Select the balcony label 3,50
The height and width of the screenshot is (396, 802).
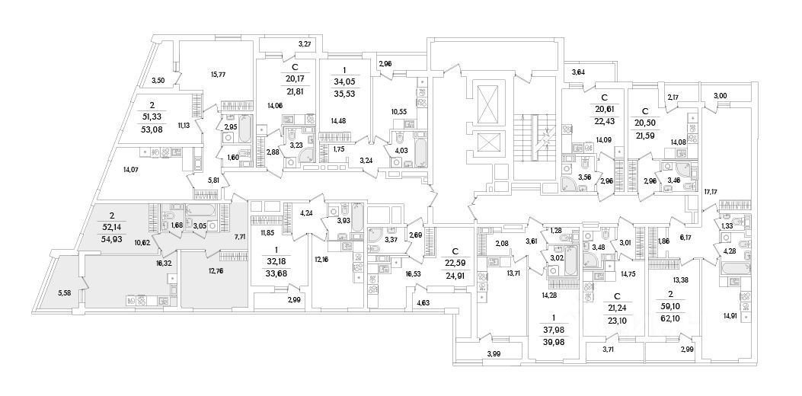158,80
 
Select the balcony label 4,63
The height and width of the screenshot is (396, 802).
423,304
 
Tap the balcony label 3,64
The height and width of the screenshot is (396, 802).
578,73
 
